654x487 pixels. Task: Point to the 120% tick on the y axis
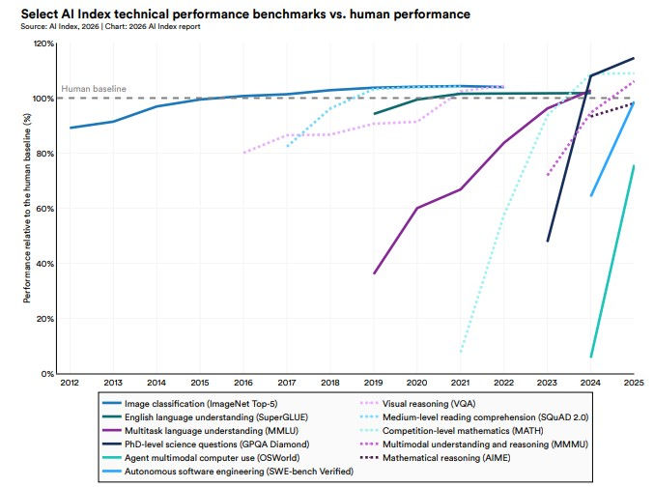click(45, 43)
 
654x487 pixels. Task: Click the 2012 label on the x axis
click(70, 383)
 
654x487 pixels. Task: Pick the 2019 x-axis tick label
click(375, 383)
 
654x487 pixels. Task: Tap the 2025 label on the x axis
click(633, 383)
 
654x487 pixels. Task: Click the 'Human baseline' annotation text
click(94, 89)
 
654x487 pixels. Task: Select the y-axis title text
click(27, 208)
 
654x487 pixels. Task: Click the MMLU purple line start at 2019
click(375, 273)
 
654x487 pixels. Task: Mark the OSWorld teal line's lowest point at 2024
click(591, 357)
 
